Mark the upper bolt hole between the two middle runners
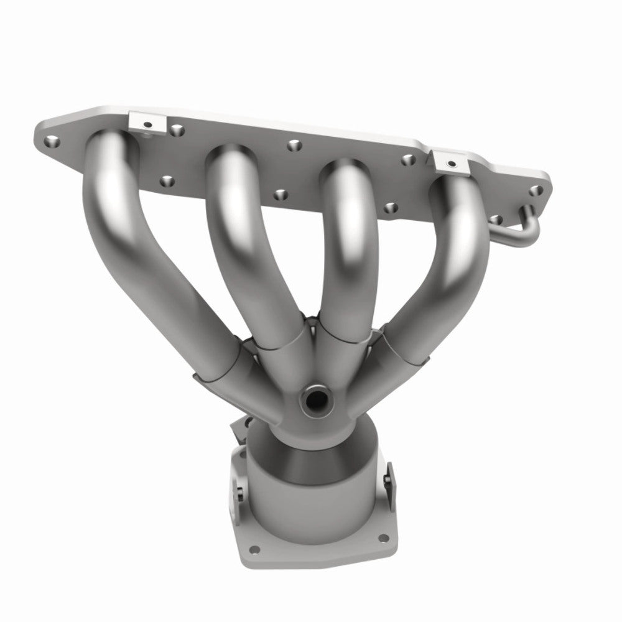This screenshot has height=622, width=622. pyautogui.click(x=293, y=146)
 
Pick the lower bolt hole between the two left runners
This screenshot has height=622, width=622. pyautogui.click(x=166, y=181)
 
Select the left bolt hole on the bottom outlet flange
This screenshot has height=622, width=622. pyautogui.click(x=256, y=549)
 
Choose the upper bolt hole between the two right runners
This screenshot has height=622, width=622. pyautogui.click(x=407, y=160)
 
